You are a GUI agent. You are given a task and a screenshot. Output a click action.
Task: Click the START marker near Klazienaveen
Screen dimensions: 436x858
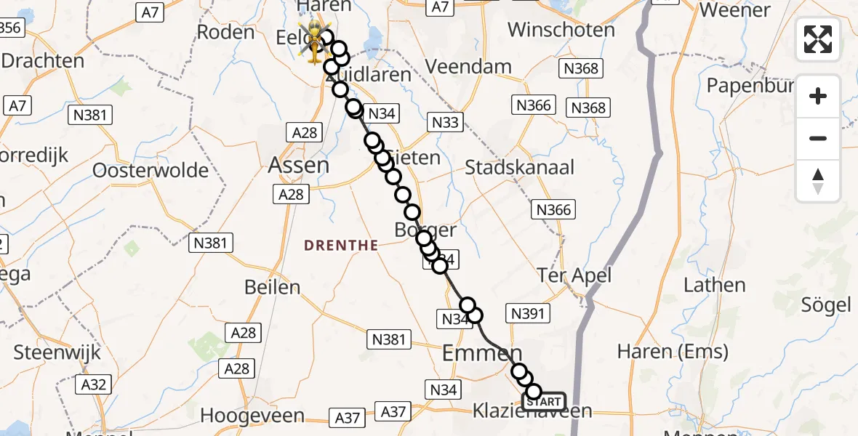tap(543, 401)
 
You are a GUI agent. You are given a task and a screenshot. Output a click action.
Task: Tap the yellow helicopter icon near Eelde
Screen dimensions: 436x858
tap(313, 41)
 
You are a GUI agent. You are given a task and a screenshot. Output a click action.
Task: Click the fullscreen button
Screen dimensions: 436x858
tap(818, 39)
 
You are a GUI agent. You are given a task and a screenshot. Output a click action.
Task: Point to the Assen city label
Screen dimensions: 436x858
tap(299, 166)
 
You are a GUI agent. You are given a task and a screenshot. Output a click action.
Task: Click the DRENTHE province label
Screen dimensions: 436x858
tap(341, 246)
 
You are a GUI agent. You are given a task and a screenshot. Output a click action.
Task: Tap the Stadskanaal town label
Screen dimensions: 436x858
tap(519, 167)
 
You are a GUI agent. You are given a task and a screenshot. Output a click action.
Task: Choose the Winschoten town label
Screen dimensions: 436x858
tap(561, 30)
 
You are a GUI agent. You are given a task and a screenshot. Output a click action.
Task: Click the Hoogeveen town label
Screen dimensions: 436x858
tap(252, 416)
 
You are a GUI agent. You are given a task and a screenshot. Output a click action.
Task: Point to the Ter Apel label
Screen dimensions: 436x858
tap(574, 275)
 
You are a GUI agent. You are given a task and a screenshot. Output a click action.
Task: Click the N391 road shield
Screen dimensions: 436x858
tap(529, 313)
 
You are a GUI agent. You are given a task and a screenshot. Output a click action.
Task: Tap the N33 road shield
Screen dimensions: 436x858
tap(445, 122)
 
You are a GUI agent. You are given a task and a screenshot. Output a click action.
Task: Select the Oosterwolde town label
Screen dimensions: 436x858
tap(151, 171)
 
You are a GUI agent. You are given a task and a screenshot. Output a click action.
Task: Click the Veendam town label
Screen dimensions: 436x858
tap(468, 67)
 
